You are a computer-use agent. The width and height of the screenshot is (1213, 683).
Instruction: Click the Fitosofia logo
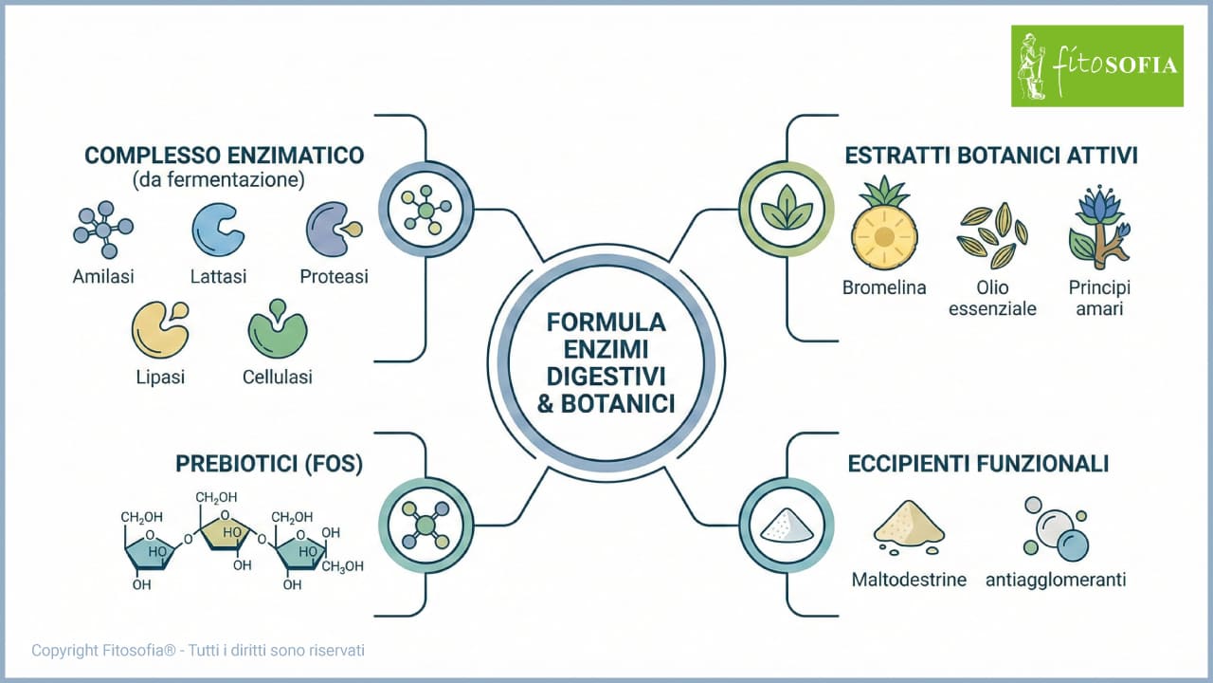pos(1096,65)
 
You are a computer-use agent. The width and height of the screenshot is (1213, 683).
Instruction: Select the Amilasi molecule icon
pos(102,229)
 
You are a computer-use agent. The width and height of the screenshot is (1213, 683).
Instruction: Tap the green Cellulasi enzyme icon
pos(277,328)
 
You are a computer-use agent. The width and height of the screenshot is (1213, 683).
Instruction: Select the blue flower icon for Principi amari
pos(1099,228)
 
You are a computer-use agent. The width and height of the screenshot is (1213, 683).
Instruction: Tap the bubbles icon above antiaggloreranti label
pos(1055,528)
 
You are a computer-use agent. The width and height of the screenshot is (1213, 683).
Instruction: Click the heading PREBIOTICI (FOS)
pos(269,464)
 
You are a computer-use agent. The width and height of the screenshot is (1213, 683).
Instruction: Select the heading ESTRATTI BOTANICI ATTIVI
pos(990,156)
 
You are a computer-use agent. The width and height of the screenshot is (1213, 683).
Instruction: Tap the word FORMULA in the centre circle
pos(606,322)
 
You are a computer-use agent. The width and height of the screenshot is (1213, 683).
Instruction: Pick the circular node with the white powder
pos(786,525)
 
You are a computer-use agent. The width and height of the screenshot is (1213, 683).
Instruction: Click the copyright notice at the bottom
pos(198,651)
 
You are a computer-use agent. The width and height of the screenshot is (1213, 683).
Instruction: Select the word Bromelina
pos(884,287)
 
